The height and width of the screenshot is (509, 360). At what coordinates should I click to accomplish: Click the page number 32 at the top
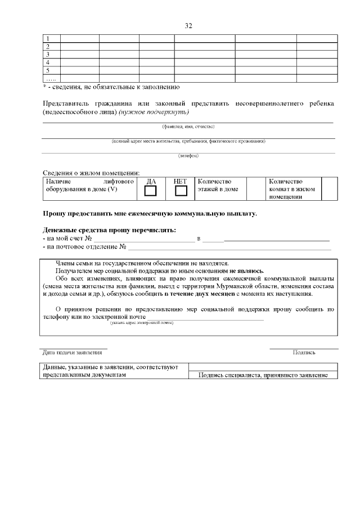pos(188,26)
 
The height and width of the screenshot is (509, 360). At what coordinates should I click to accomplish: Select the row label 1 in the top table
pos(48,39)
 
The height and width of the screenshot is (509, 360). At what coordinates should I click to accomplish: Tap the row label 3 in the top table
pos(48,55)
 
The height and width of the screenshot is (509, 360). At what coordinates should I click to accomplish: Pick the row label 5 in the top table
pos(48,70)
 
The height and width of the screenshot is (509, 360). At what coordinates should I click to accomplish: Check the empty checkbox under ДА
pos(151,191)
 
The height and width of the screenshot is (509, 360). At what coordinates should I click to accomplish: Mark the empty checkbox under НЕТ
pos(181,191)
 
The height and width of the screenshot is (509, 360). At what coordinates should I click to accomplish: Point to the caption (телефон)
pos(188,155)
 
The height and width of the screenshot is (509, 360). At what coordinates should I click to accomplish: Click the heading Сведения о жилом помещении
pos(92,173)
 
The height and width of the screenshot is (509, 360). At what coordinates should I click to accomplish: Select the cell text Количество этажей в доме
pos(218,185)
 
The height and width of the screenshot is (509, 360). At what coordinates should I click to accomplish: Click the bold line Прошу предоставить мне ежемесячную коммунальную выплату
pos(150,214)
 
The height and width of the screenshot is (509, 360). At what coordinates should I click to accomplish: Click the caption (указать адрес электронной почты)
pos(142,322)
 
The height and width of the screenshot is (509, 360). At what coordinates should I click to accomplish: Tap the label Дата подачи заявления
pos(73,353)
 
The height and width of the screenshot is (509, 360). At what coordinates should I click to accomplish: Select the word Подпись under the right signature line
pos(304,353)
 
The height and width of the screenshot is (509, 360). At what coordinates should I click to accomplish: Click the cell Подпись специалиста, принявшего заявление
pos(263,375)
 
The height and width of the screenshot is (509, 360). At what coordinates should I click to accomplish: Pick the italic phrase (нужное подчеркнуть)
pos(149,112)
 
